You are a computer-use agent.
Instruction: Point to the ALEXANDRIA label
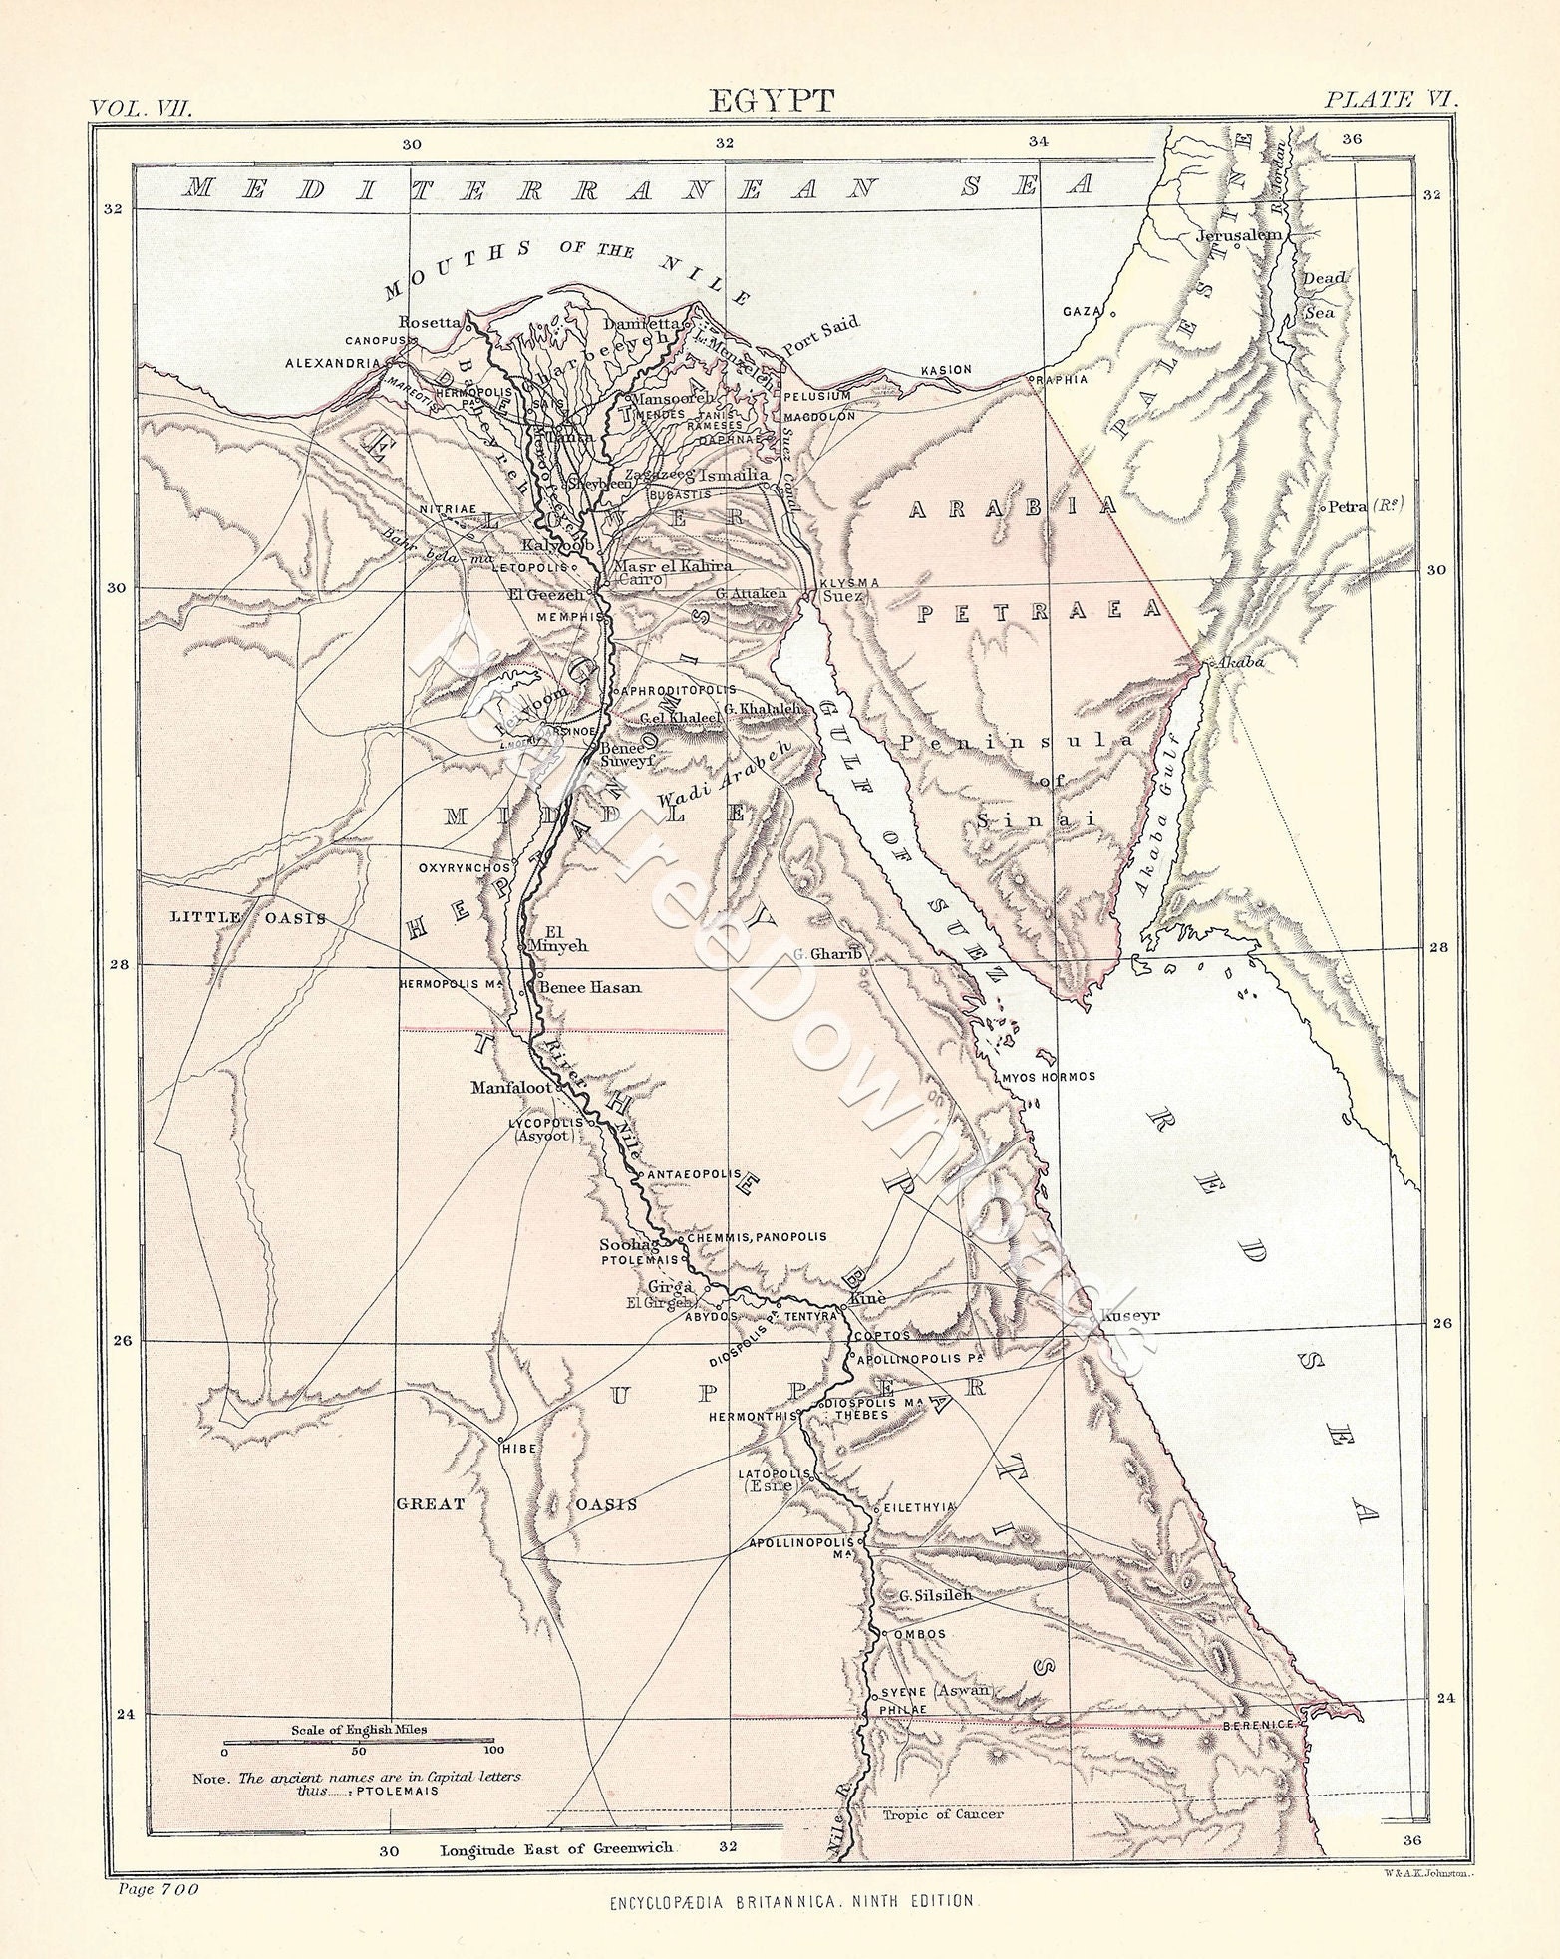tap(333, 363)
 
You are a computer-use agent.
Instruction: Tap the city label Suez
tap(842, 596)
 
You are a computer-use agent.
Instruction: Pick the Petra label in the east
tap(1361, 506)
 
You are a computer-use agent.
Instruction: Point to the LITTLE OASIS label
tap(248, 917)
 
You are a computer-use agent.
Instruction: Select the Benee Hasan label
tap(589, 987)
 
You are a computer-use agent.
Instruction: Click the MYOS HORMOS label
tap(1047, 1076)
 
